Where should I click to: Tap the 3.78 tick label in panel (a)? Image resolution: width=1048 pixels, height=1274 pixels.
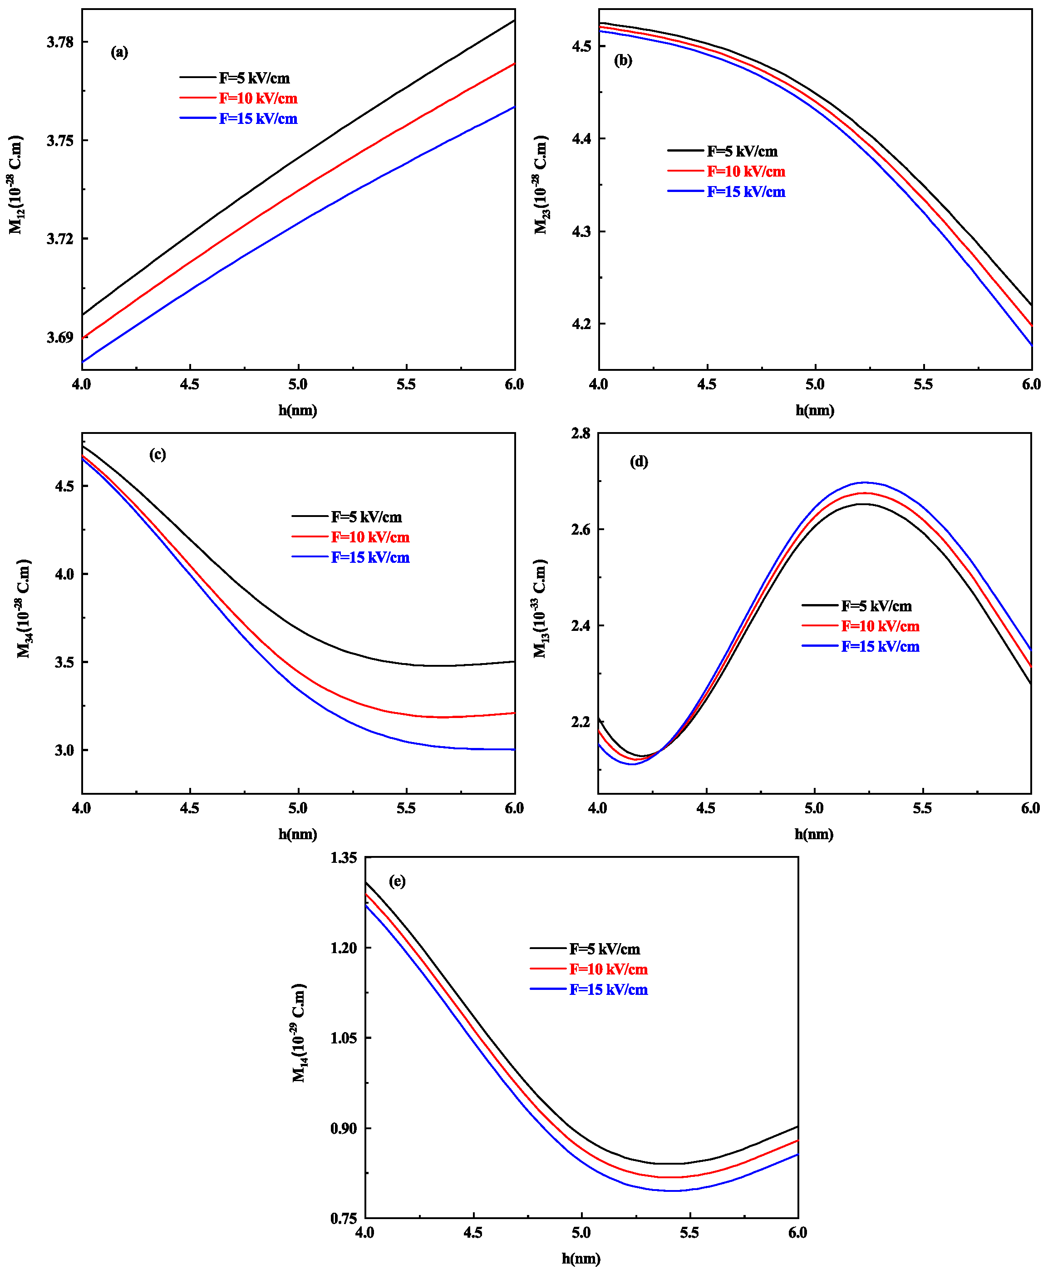(x=60, y=42)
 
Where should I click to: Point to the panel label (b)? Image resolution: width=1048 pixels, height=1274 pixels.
(x=622, y=60)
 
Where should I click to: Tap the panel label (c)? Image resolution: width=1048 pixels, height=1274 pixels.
(x=157, y=454)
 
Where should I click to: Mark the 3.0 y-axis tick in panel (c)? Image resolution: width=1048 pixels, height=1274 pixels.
(x=64, y=750)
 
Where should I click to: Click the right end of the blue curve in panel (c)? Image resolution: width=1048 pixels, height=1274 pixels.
(x=514, y=749)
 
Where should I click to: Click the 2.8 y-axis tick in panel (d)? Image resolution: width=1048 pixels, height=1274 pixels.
(x=581, y=433)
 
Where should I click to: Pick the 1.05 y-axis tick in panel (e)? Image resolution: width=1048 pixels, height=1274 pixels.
(x=344, y=1038)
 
